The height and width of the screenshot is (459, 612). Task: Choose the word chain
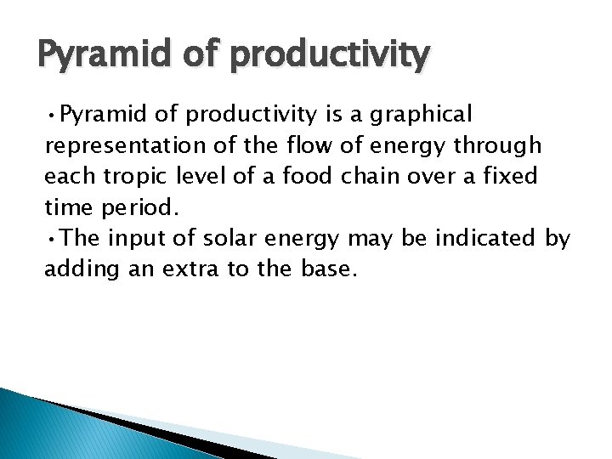click(374, 177)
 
